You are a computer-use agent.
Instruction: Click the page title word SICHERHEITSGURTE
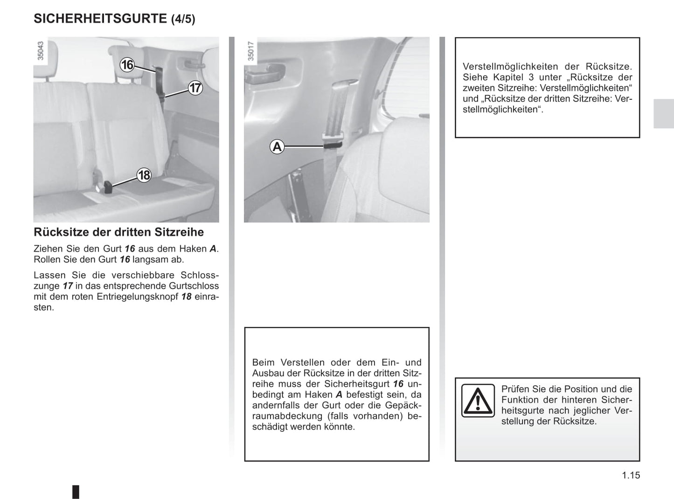100,19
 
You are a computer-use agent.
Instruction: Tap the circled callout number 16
127,65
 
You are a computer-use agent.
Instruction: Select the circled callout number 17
195,88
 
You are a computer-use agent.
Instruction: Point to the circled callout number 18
144,175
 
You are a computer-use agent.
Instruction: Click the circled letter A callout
277,147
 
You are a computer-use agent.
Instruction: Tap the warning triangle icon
478,401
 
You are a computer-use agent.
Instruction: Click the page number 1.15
631,475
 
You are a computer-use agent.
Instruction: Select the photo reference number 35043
41,51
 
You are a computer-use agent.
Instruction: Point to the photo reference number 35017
251,51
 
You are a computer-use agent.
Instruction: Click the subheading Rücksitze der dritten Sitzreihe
118,232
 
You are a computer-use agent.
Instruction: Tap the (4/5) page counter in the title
183,19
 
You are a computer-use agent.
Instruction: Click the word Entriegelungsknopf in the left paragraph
137,297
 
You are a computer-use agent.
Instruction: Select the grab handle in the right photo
264,74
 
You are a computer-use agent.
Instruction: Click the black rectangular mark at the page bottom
76,492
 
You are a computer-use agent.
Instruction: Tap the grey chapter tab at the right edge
663,114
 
